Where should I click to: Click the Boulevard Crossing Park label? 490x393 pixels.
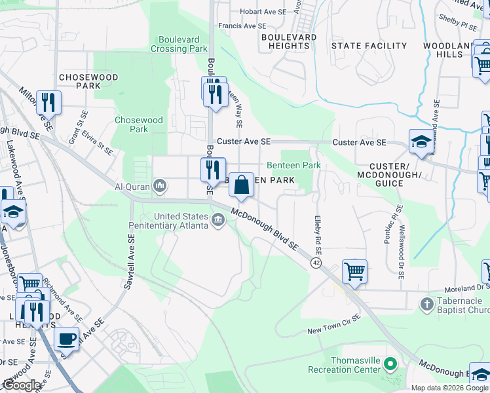(179, 44)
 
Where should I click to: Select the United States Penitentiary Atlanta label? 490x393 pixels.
(181, 221)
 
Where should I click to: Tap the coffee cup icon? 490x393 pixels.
(66, 339)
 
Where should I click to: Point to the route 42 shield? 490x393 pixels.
(316, 263)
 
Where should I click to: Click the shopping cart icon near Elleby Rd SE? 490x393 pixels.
(354, 270)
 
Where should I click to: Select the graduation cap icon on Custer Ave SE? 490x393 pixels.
(420, 141)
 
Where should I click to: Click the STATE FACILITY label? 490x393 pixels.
(369, 46)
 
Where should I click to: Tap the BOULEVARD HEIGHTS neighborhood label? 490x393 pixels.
(289, 41)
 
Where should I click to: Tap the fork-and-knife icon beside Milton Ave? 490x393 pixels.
(48, 102)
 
